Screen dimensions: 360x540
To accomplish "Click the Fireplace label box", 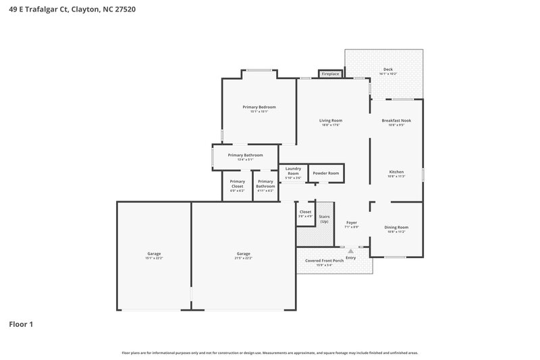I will pos(330,74).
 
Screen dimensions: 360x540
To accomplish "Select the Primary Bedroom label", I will pos(259,107).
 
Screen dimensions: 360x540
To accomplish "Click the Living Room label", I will pos(331,120).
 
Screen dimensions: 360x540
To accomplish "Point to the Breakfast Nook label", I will pos(396,120).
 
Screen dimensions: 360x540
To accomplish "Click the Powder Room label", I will pos(325,173).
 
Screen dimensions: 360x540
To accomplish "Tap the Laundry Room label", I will pos(293,171).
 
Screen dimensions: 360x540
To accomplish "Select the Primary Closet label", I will pos(237,183).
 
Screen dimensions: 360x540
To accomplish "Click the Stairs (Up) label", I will pos(324,220).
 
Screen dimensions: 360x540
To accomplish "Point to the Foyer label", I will pos(352,222).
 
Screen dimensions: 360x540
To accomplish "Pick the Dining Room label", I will pos(396,227).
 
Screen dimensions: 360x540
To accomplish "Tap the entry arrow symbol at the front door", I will pos(350,251).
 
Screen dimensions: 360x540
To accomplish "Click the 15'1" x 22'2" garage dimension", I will pos(154,258).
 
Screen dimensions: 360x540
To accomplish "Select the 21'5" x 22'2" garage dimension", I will pos(243,258).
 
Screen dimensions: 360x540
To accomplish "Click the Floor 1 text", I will pos(21,324).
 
